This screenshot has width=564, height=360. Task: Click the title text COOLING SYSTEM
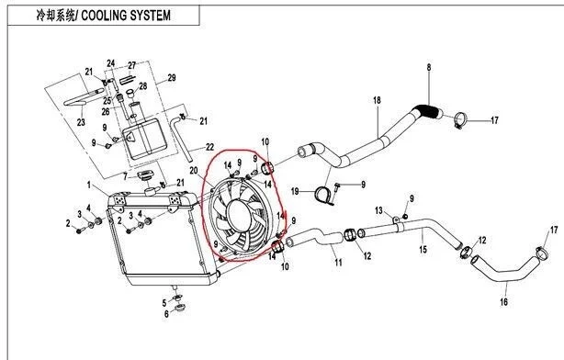tap(126, 16)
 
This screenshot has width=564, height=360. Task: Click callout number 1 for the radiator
tap(89, 185)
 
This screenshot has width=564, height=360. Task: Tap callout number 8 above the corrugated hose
tap(429, 67)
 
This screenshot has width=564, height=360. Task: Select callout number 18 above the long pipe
tap(377, 100)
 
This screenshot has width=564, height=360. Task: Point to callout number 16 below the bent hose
tap(504, 301)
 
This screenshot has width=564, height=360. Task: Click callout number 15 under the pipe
tap(423, 249)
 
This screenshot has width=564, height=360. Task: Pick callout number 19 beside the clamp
tap(295, 191)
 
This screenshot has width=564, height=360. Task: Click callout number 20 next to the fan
tap(194, 171)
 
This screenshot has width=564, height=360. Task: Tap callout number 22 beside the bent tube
tap(209, 147)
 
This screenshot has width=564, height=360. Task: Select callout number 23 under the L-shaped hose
tap(81, 122)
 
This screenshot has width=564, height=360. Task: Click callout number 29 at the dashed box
tap(172, 78)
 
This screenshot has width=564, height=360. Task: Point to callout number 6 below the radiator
tap(166, 314)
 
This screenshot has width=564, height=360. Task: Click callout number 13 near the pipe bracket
tap(378, 210)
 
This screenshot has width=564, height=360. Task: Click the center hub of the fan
tap(238, 215)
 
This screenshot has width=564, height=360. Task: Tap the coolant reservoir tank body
tap(144, 139)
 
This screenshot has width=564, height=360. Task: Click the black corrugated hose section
tap(427, 111)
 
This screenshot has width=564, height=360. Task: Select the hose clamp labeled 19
tap(324, 196)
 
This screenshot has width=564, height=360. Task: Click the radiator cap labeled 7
tap(145, 176)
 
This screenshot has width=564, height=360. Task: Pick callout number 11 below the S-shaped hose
tap(338, 263)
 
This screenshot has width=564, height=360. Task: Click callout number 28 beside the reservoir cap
tap(143, 86)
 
